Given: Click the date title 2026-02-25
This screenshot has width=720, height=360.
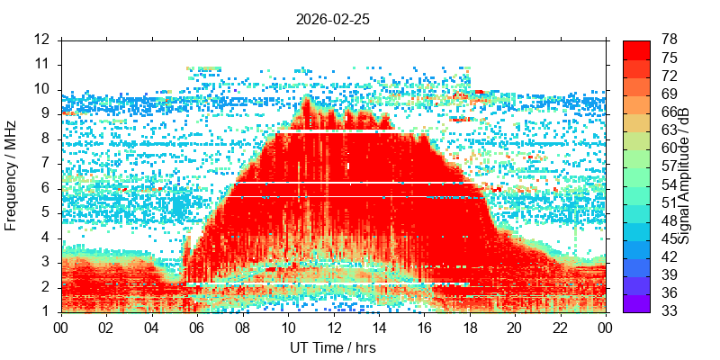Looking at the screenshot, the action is [x=332, y=20].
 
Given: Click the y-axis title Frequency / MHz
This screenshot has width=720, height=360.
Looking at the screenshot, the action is [x=11, y=175].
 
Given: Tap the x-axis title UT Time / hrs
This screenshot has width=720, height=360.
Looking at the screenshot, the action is [x=333, y=347].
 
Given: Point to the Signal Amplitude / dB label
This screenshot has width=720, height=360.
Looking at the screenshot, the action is [x=684, y=176].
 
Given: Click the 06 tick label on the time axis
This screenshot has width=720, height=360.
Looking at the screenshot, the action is [x=197, y=328].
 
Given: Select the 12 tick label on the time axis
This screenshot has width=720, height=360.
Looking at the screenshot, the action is [x=334, y=328].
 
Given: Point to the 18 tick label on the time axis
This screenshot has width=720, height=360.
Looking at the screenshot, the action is [x=470, y=328].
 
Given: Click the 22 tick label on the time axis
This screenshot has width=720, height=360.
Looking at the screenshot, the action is [x=561, y=328].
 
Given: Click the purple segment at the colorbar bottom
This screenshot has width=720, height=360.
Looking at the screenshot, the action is [x=636, y=303].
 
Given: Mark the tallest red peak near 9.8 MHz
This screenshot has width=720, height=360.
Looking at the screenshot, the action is [x=306, y=97].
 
